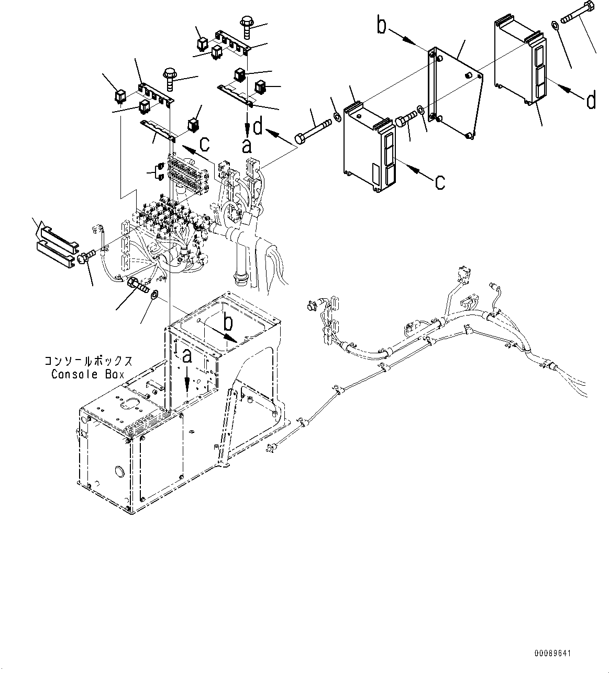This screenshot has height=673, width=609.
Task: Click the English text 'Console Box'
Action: pos(87,374)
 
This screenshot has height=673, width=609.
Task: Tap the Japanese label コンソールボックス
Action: pos(87,361)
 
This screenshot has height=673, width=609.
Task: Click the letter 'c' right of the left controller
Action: pos(440,181)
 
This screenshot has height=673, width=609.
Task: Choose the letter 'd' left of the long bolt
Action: pos(258,127)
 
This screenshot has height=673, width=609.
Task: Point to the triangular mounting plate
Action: pos(456,89)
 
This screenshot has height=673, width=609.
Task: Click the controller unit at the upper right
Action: pos(518,60)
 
